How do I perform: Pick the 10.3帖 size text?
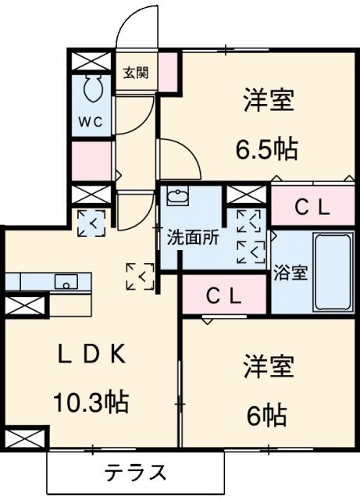click(x=91, y=402)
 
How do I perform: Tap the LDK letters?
click(x=91, y=354)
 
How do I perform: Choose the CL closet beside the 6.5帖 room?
click(x=312, y=207)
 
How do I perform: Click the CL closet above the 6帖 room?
click(x=223, y=296)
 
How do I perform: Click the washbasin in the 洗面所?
click(x=179, y=197)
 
